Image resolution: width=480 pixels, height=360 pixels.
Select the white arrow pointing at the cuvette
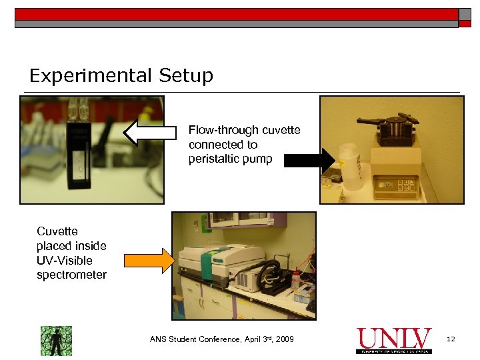[150, 132]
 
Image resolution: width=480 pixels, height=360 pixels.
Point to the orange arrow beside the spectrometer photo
[148, 261]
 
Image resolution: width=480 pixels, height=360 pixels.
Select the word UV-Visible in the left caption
[65, 261]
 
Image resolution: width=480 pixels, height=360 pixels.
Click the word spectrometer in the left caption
[71, 275]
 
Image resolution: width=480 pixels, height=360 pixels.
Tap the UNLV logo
[393, 340]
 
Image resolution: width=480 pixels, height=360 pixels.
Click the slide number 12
[451, 340]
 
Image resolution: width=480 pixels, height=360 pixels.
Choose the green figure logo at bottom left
[56, 340]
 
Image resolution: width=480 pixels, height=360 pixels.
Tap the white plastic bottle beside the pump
[350, 167]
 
